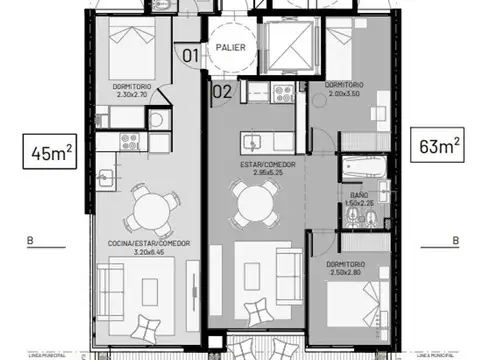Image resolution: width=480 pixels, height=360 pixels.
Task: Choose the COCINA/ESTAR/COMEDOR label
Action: click(150, 244)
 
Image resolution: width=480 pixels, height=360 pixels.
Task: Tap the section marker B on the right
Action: click(455, 240)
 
